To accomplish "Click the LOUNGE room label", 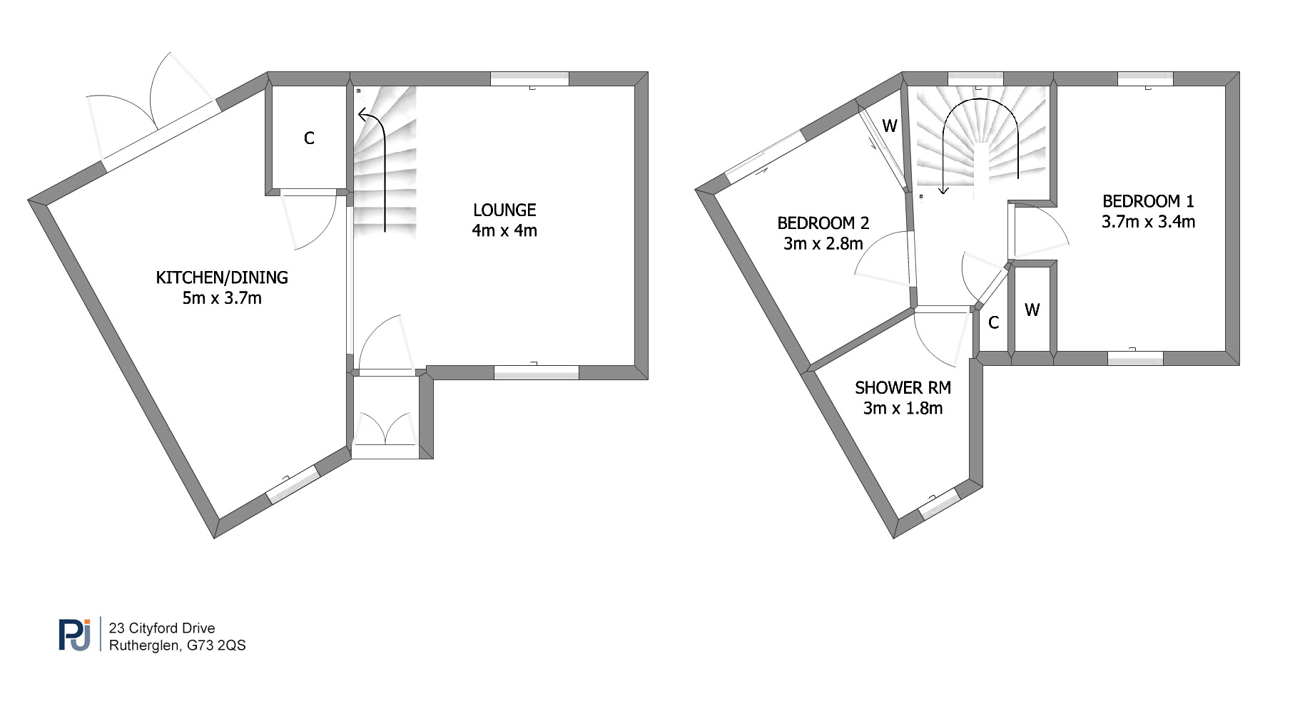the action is pyautogui.click(x=504, y=210).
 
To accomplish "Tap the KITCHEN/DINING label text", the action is pyautogui.click(x=222, y=277).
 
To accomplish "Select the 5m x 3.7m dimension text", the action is pyautogui.click(x=222, y=298).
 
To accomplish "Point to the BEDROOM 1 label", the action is pyautogui.click(x=1148, y=201).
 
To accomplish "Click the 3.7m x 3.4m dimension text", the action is pyautogui.click(x=1148, y=222).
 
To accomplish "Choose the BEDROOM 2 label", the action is pyautogui.click(x=823, y=223).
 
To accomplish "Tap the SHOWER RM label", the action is pyautogui.click(x=903, y=388).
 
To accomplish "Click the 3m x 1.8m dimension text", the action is pyautogui.click(x=903, y=409).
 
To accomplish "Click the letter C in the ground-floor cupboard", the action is pyautogui.click(x=309, y=138).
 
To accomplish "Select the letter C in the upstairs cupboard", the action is pyautogui.click(x=993, y=323).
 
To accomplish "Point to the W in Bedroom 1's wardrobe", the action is pyautogui.click(x=1032, y=310).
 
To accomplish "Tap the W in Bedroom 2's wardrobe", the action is pyautogui.click(x=890, y=126).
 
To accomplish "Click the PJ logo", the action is pyautogui.click(x=75, y=635).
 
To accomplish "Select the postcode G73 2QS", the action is pyautogui.click(x=216, y=646).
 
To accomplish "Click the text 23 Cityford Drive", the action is pyautogui.click(x=162, y=628).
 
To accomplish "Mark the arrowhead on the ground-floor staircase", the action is pyautogui.click(x=364, y=115).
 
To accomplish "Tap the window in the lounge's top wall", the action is pyautogui.click(x=530, y=79).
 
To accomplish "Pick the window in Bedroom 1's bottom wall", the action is pyautogui.click(x=1135, y=358).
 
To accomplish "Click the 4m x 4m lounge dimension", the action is pyautogui.click(x=504, y=230).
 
